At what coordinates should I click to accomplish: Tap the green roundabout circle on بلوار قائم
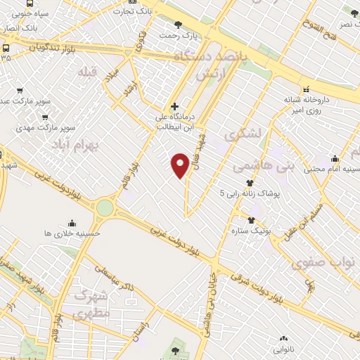tap(105, 207)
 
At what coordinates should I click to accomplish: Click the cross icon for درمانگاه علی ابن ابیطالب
tap(175, 106)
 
